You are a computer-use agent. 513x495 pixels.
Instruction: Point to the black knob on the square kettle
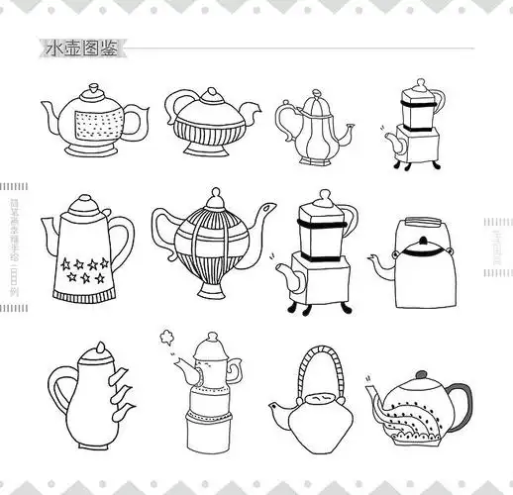click(423, 242)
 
